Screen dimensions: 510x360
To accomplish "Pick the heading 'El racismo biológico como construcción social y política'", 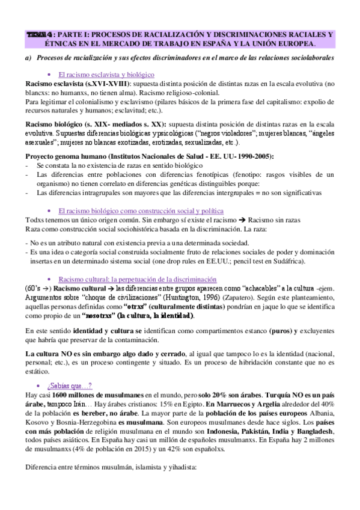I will coord(142,211).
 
